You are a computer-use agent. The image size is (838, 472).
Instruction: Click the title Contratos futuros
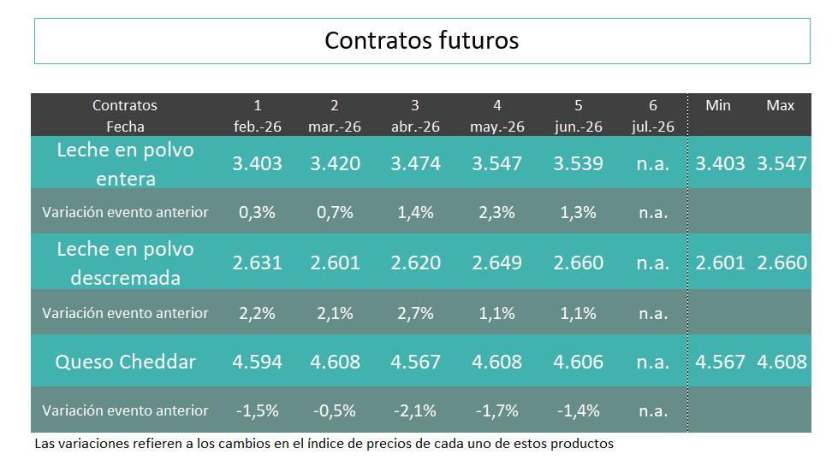(421, 40)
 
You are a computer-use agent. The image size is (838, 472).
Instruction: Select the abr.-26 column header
(415, 127)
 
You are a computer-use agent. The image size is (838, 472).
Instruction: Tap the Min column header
(717, 105)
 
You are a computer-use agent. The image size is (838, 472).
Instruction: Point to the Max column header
(780, 105)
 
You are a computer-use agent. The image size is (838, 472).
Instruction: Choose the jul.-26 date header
(652, 127)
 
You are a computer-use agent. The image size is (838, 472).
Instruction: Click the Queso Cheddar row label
(125, 362)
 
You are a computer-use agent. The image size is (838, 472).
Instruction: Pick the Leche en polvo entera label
(125, 164)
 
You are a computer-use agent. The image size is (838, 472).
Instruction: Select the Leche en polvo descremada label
(125, 263)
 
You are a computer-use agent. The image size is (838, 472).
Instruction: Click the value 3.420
(335, 163)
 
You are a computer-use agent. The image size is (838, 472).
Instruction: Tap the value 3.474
(415, 163)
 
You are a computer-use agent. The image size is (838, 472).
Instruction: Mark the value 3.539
(578, 163)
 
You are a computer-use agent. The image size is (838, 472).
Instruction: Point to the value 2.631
(257, 263)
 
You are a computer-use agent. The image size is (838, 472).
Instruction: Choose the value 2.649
(496, 263)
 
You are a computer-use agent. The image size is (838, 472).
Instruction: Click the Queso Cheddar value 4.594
(257, 362)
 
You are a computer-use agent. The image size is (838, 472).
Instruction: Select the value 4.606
(578, 362)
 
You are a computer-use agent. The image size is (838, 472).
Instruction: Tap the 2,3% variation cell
(496, 213)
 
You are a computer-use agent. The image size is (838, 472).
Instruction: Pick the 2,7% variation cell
(415, 313)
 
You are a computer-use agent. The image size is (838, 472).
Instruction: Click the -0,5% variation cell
(335, 410)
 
